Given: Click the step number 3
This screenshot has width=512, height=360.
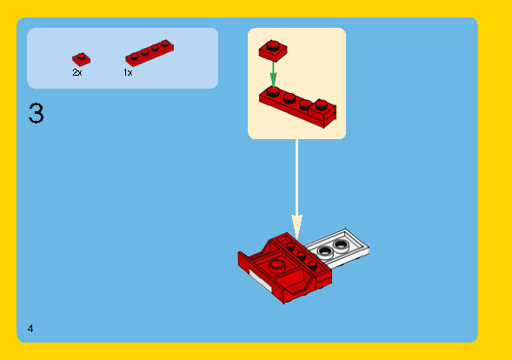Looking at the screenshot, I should (x=36, y=113).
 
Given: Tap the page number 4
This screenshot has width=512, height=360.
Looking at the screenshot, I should (x=30, y=328).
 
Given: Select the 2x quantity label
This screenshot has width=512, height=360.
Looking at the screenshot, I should (x=77, y=73).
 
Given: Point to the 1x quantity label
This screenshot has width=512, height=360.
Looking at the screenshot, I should (x=128, y=73).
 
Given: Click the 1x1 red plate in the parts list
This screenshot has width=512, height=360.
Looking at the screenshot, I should (x=81, y=59).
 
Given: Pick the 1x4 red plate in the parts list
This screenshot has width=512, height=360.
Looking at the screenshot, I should (x=149, y=54).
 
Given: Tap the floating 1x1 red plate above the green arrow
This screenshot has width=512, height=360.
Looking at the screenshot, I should (x=271, y=50).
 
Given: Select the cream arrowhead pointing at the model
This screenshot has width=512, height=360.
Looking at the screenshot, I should (x=296, y=228).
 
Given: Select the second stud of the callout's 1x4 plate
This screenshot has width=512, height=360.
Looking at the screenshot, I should (x=289, y=96).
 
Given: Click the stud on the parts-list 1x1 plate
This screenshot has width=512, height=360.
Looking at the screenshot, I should (x=80, y=56).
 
